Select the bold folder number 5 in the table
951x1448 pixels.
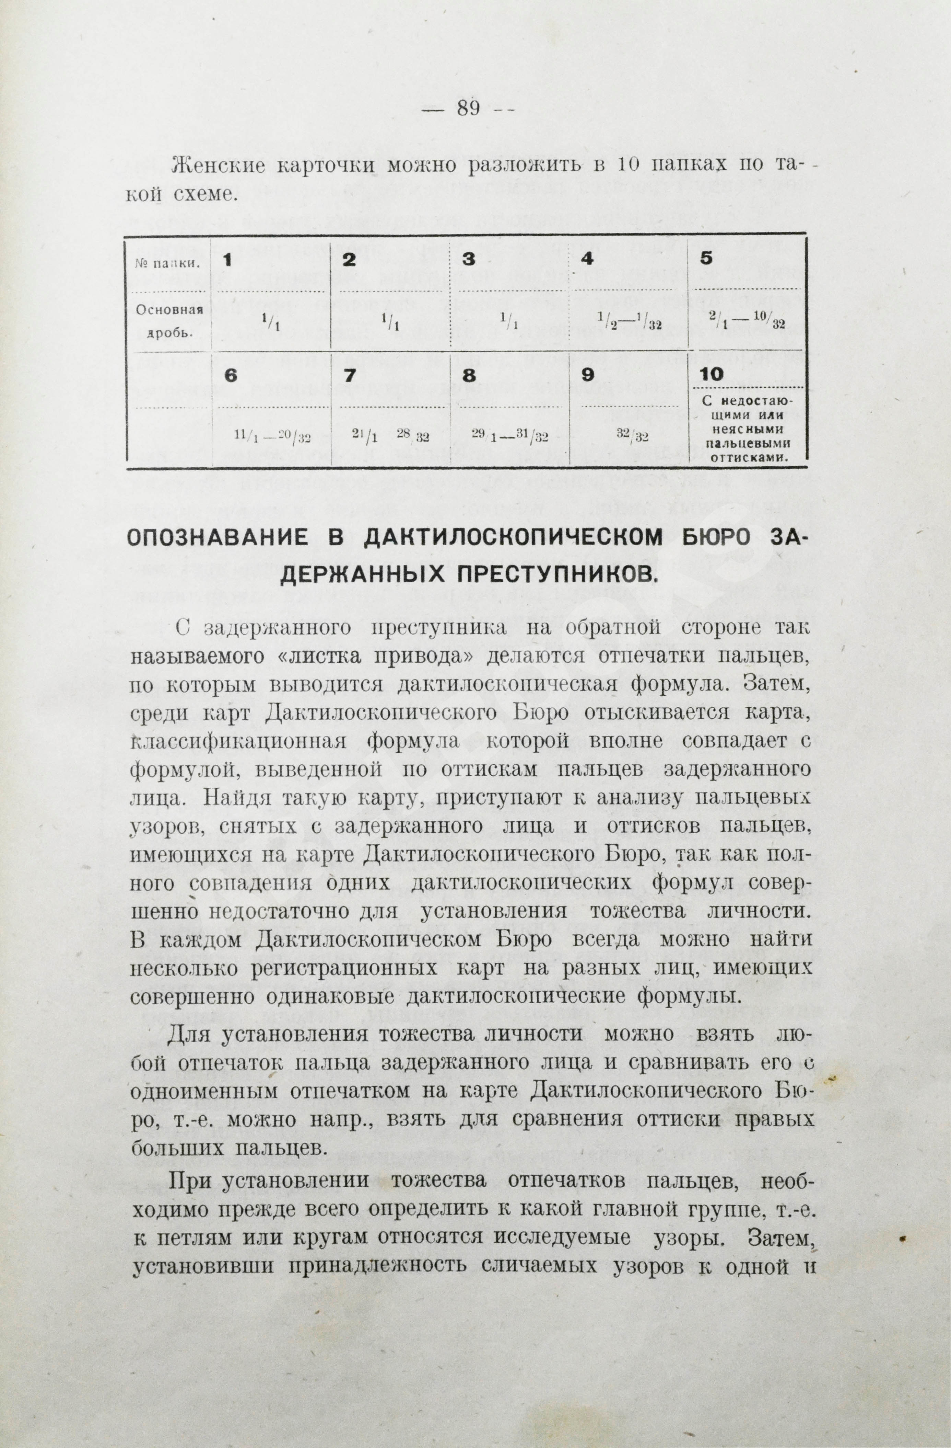tap(706, 258)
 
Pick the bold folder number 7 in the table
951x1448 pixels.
tap(349, 375)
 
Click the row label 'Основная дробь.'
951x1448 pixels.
tap(168, 321)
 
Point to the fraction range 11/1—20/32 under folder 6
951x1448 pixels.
tap(272, 436)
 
